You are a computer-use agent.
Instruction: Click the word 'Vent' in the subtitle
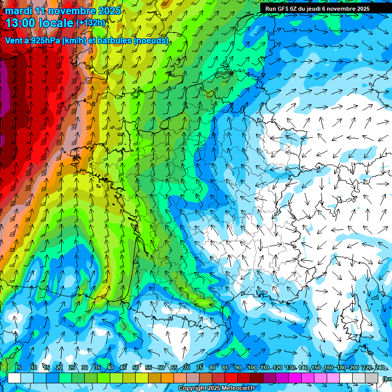click(x=14, y=41)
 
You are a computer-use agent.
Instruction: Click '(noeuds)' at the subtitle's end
click(x=151, y=41)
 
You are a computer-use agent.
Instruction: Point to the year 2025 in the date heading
click(x=110, y=10)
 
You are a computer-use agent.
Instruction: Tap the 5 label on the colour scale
click(x=19, y=367)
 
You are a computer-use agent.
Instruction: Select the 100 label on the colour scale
click(x=252, y=367)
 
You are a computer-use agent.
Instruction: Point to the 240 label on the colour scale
click(x=379, y=367)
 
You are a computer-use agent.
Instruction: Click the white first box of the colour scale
click(x=14, y=378)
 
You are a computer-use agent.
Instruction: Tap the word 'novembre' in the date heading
click(x=69, y=10)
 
